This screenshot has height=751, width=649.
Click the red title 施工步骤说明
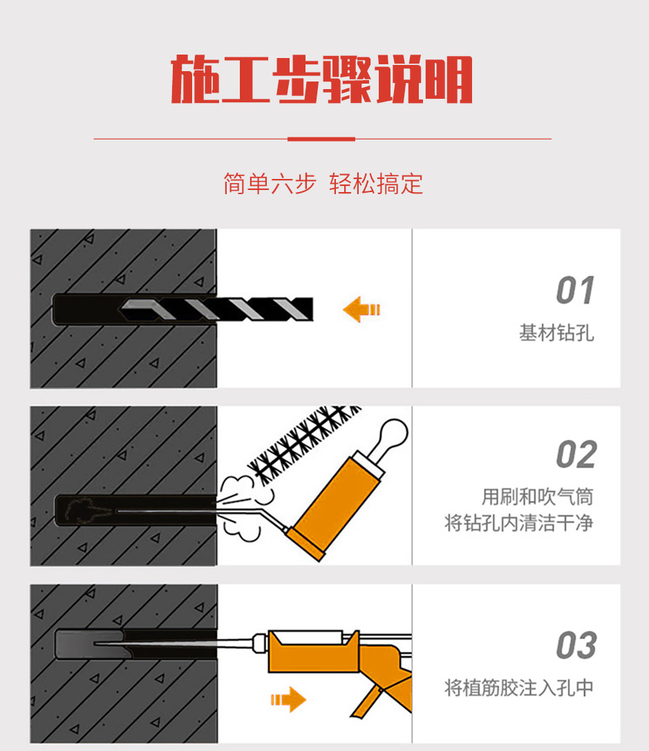pos(322,79)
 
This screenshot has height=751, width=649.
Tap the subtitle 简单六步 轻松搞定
pos(323,184)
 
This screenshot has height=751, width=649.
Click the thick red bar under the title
pos(321,139)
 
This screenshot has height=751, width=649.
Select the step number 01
pos(575,290)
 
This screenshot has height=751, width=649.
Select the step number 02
pos(576,455)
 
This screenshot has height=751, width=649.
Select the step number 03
pos(576,645)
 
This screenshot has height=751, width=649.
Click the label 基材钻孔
pos(556,333)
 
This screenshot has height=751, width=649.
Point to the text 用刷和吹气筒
pos(538,497)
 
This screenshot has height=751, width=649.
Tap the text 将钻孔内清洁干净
pos(519,522)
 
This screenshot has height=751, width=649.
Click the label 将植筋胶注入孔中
pos(519,687)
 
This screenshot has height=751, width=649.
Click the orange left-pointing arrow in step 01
pos(361,310)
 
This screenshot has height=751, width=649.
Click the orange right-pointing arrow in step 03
pos(288,700)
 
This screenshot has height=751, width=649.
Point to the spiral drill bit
pos(216,310)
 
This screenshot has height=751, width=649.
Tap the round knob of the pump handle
pos(394,432)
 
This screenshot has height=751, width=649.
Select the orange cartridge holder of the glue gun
pos(313,652)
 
